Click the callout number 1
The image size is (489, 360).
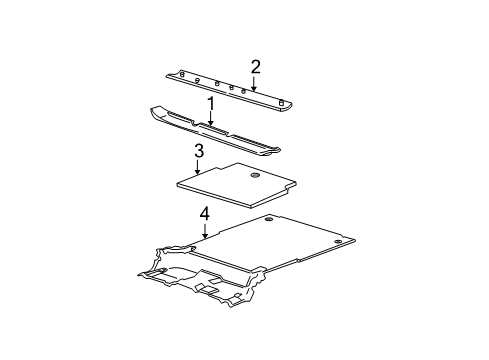click(x=211, y=103)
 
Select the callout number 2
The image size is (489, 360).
click(x=256, y=67)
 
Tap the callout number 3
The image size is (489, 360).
click(x=199, y=151)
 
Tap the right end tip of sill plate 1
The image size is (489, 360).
click(x=279, y=150)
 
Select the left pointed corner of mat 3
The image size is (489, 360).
click(x=177, y=183)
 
